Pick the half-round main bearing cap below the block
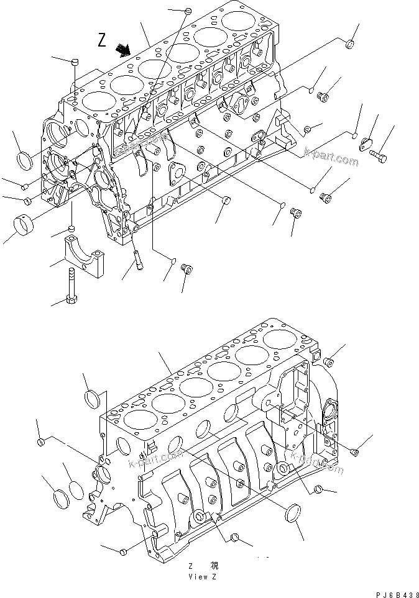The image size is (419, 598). [85, 254]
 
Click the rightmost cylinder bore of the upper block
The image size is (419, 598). [239, 21]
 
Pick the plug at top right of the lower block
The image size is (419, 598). [329, 361]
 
